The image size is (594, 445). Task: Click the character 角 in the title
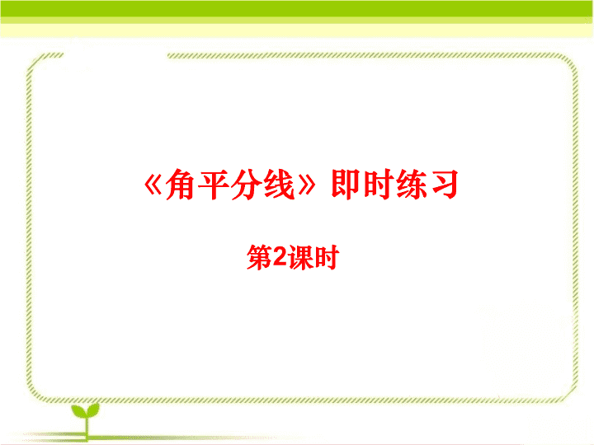click(181, 185)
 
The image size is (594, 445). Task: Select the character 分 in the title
click(246, 185)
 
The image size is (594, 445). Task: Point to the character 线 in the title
click(279, 185)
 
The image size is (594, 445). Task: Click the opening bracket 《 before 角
click(153, 185)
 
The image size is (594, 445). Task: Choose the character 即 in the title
click(346, 184)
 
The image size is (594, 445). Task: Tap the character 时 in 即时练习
click(378, 184)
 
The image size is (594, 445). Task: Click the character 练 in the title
click(410, 184)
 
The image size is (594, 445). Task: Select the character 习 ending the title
click(443, 185)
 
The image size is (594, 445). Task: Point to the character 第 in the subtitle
click(259, 257)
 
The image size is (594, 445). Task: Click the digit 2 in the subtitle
click(280, 257)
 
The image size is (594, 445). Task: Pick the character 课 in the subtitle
click(300, 257)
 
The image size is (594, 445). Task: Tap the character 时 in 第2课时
click(326, 257)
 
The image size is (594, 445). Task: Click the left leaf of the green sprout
click(78, 411)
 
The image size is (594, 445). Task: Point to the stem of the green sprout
click(87, 428)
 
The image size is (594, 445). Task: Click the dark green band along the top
click(297, 9)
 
